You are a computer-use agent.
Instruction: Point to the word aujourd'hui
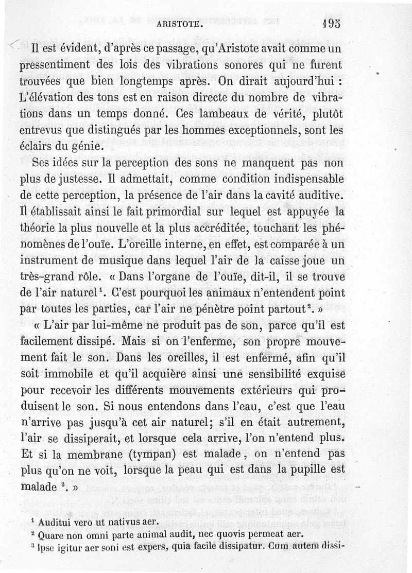pyautogui.click(x=296, y=82)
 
